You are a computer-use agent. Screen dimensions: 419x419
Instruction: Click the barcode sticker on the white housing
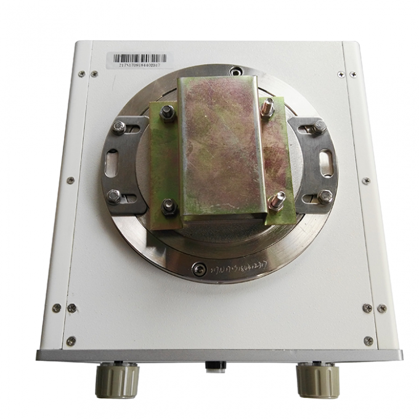(x=138, y=60)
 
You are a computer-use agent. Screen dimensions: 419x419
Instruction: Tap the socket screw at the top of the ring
(x=235, y=71)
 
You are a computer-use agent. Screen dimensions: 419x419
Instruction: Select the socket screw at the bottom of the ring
(x=199, y=269)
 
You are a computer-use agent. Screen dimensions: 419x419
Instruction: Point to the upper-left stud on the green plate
(x=167, y=113)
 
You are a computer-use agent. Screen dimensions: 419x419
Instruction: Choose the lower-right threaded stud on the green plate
(x=277, y=201)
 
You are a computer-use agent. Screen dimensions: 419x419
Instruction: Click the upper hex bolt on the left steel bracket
(x=119, y=128)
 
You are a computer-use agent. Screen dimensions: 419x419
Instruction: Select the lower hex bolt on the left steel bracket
(x=114, y=196)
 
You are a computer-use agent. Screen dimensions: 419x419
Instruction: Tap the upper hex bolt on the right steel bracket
(x=319, y=127)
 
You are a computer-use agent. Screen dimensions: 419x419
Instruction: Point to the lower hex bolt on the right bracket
(x=325, y=196)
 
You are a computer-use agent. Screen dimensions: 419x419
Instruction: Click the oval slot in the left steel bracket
(x=112, y=162)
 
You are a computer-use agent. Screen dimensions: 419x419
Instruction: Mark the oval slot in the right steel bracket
(x=327, y=162)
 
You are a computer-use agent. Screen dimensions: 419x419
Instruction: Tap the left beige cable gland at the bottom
(x=117, y=380)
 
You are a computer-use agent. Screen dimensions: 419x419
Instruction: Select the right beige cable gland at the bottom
(x=318, y=380)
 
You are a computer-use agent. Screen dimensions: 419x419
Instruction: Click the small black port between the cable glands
(x=216, y=366)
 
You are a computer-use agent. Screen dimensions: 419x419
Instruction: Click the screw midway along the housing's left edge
(x=70, y=181)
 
